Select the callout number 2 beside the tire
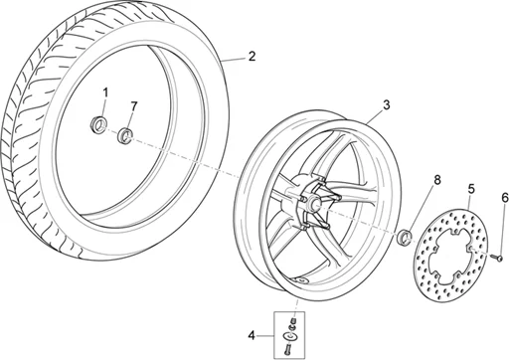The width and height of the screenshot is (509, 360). (252, 57)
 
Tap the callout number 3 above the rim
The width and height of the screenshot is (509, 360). (387, 104)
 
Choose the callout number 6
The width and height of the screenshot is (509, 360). (503, 199)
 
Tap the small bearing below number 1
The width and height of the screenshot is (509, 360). (100, 125)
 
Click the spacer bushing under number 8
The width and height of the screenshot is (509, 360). (405, 237)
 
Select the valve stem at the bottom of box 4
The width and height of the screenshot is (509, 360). (289, 347)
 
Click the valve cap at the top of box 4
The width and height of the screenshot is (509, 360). (292, 320)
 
